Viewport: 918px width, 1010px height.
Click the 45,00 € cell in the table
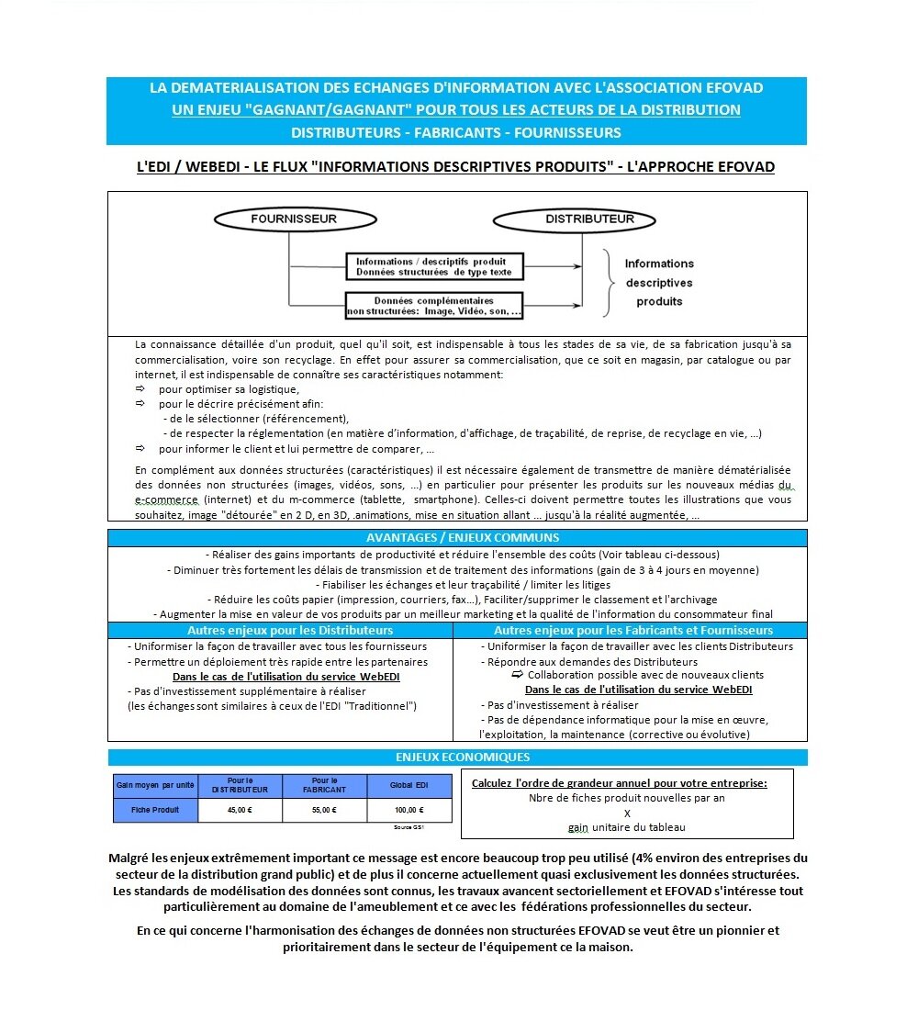[x=240, y=810]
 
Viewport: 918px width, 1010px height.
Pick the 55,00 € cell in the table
[x=324, y=810]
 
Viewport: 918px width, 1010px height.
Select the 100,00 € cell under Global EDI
[x=409, y=810]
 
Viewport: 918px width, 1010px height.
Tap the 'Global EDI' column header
[x=409, y=786]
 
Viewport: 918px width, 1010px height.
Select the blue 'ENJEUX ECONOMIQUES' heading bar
[x=458, y=757]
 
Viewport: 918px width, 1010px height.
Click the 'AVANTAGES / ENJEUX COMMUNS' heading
[x=458, y=538]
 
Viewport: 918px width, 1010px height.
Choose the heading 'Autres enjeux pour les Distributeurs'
[x=290, y=631]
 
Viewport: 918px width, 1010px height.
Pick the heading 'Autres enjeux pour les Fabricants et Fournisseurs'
[x=633, y=631]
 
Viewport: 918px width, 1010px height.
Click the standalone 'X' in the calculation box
[x=627, y=813]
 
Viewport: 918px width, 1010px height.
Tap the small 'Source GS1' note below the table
[x=409, y=827]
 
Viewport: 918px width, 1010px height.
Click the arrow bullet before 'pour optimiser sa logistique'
[x=140, y=389]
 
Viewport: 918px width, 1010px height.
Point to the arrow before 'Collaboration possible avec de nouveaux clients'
[x=518, y=675]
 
